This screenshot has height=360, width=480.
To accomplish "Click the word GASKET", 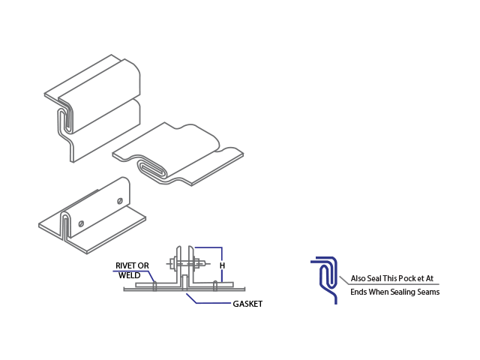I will coord(247,304).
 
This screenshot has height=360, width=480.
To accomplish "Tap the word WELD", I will coord(130,275).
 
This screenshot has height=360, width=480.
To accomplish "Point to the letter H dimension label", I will coord(222,265).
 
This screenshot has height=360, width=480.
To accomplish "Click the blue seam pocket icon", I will coord(326,274).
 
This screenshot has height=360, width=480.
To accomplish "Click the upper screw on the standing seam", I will coord(119,200).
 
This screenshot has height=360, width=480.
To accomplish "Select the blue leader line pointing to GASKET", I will coord(202,301).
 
